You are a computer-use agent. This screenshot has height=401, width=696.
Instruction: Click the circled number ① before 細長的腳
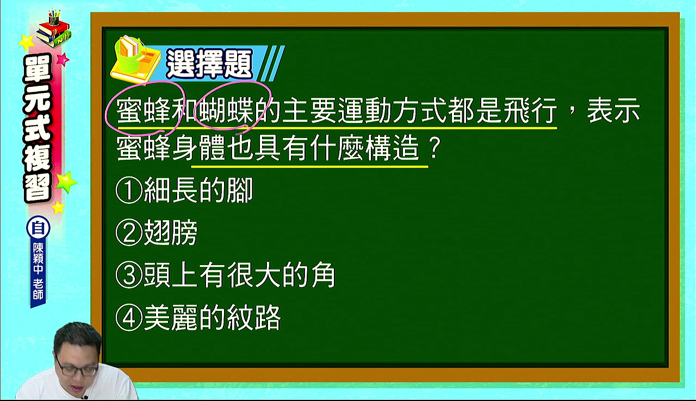pos(129,190)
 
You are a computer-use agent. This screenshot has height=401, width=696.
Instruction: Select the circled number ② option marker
pos(129,233)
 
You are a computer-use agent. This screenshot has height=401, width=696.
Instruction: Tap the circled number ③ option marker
pos(129,275)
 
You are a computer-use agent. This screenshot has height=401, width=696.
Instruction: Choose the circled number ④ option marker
pos(129,318)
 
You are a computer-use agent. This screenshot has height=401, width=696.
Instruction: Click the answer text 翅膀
pos(171,233)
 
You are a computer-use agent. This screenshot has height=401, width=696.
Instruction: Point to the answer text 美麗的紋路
pos(213,318)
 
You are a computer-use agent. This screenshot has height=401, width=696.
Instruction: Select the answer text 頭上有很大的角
pos(240,275)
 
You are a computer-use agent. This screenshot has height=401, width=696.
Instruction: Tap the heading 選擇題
pos(209,64)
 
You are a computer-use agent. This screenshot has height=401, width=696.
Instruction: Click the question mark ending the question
pos(434,149)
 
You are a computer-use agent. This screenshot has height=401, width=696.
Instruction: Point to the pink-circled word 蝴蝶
pos(226,110)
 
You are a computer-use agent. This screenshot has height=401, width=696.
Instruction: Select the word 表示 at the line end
pos(613,110)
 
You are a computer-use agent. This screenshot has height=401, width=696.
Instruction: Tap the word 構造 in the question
pos(393,149)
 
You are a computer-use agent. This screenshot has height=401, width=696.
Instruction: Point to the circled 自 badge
pos(38,228)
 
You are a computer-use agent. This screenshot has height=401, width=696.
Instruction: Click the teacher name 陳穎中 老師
pos(38,271)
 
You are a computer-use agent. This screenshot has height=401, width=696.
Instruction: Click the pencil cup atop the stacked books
pos(54,18)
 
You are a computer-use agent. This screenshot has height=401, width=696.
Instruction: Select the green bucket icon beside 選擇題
pos(128,56)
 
